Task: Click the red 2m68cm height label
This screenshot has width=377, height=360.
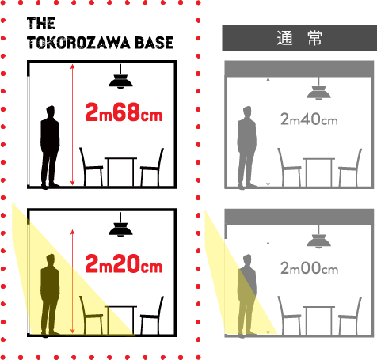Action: click(124, 112)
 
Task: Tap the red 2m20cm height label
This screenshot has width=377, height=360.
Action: click(124, 263)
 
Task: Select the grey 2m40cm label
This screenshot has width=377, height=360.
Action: click(309, 119)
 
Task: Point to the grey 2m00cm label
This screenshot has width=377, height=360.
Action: click(309, 268)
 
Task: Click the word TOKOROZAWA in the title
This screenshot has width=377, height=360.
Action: click(78, 43)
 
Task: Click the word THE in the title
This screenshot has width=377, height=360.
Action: click(41, 23)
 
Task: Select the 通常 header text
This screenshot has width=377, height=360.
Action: click(299, 38)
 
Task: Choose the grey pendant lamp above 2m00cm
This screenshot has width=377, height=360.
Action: click(318, 240)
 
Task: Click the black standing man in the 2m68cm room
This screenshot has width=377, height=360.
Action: click(50, 148)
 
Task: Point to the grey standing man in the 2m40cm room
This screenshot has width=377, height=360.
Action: click(247, 148)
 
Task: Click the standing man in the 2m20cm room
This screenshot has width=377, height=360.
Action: click(50, 296)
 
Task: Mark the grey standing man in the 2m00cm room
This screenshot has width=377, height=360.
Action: click(247, 296)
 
